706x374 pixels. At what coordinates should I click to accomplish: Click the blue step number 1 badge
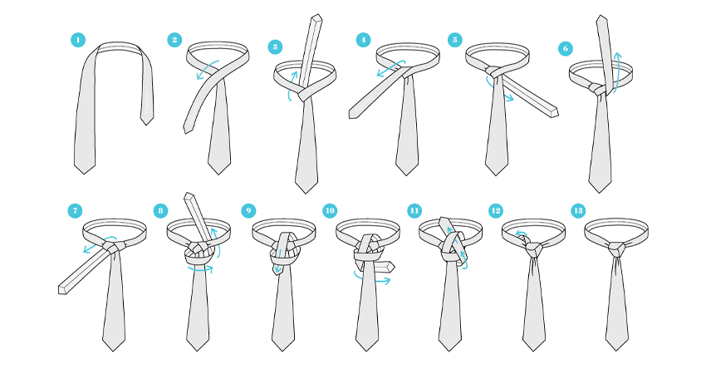tap(78, 40)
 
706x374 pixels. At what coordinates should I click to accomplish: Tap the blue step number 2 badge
tap(174, 40)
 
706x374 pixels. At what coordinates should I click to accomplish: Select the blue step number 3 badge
tap(275, 47)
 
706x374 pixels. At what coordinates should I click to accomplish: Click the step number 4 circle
tap(363, 40)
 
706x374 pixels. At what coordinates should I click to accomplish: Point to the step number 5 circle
tap(455, 40)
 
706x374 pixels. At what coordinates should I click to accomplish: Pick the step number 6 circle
tap(566, 48)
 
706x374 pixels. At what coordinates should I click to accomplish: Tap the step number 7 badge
tap(76, 210)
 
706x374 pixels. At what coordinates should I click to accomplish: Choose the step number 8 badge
tap(160, 210)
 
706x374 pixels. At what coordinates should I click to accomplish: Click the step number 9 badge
tap(248, 210)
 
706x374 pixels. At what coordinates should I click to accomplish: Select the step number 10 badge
tap(330, 210)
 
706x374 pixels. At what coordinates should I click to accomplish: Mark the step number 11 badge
tap(414, 210)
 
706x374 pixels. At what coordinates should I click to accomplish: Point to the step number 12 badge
tap(496, 210)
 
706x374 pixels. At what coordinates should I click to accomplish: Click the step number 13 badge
tap(578, 210)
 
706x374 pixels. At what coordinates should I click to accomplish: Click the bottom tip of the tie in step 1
tap(84, 173)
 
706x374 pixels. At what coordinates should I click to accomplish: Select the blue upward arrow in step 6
tap(617, 72)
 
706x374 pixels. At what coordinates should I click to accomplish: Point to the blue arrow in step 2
tap(208, 69)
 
